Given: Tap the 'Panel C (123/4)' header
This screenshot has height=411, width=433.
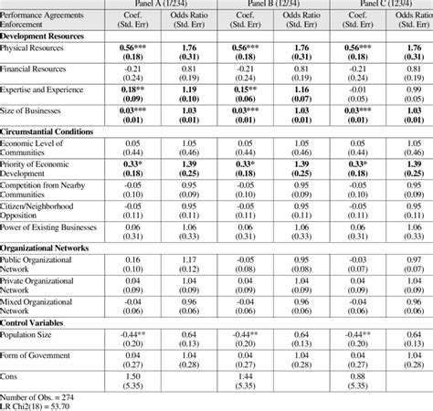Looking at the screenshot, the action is tap(384, 4).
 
